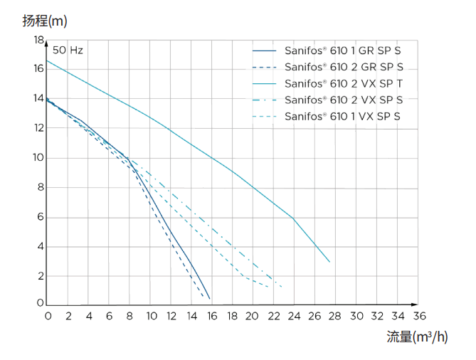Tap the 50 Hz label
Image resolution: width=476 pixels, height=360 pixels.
(68, 51)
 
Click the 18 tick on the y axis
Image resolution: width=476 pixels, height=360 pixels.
(38, 41)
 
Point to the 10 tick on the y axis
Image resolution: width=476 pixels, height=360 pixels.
(38, 158)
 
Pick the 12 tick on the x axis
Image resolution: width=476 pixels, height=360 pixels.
(171, 315)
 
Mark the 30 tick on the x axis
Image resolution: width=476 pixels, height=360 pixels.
(356, 315)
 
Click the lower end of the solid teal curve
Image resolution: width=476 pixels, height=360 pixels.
(330, 262)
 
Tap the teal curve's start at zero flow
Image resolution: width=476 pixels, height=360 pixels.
(48, 60)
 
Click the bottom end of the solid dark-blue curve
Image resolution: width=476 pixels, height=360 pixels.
(210, 299)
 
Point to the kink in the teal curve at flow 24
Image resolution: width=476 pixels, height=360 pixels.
(293, 218)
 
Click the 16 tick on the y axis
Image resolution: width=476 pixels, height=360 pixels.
(38, 69)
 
